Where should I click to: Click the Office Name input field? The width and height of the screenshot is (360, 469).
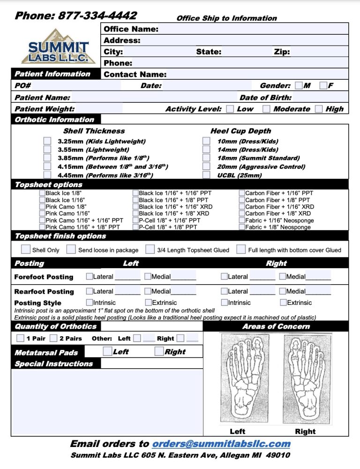coord(253,29)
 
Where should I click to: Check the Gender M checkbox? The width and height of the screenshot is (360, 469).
coord(299,85)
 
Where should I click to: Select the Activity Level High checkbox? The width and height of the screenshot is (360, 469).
coord(319,109)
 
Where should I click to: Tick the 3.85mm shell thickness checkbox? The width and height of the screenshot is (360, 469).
coord(47,158)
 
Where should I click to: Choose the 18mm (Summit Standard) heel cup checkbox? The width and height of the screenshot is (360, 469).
coord(206,158)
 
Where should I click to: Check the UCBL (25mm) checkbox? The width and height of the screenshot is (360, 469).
coord(206,175)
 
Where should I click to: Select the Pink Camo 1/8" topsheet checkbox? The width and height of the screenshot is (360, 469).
coord(42,206)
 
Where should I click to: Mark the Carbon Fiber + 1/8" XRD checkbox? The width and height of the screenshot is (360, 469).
coord(242,213)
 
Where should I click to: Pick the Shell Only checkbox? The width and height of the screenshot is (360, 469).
coord(26,250)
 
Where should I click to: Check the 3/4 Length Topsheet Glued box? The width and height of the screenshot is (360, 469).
coord(150,250)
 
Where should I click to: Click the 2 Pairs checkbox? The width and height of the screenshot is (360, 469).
coord(53,338)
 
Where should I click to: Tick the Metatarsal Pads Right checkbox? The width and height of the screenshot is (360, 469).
coord(159,351)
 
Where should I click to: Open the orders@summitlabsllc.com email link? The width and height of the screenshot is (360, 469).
coord(221,444)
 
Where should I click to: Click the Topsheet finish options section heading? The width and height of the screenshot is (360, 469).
coord(60,236)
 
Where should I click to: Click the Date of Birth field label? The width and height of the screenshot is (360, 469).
coord(265,98)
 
